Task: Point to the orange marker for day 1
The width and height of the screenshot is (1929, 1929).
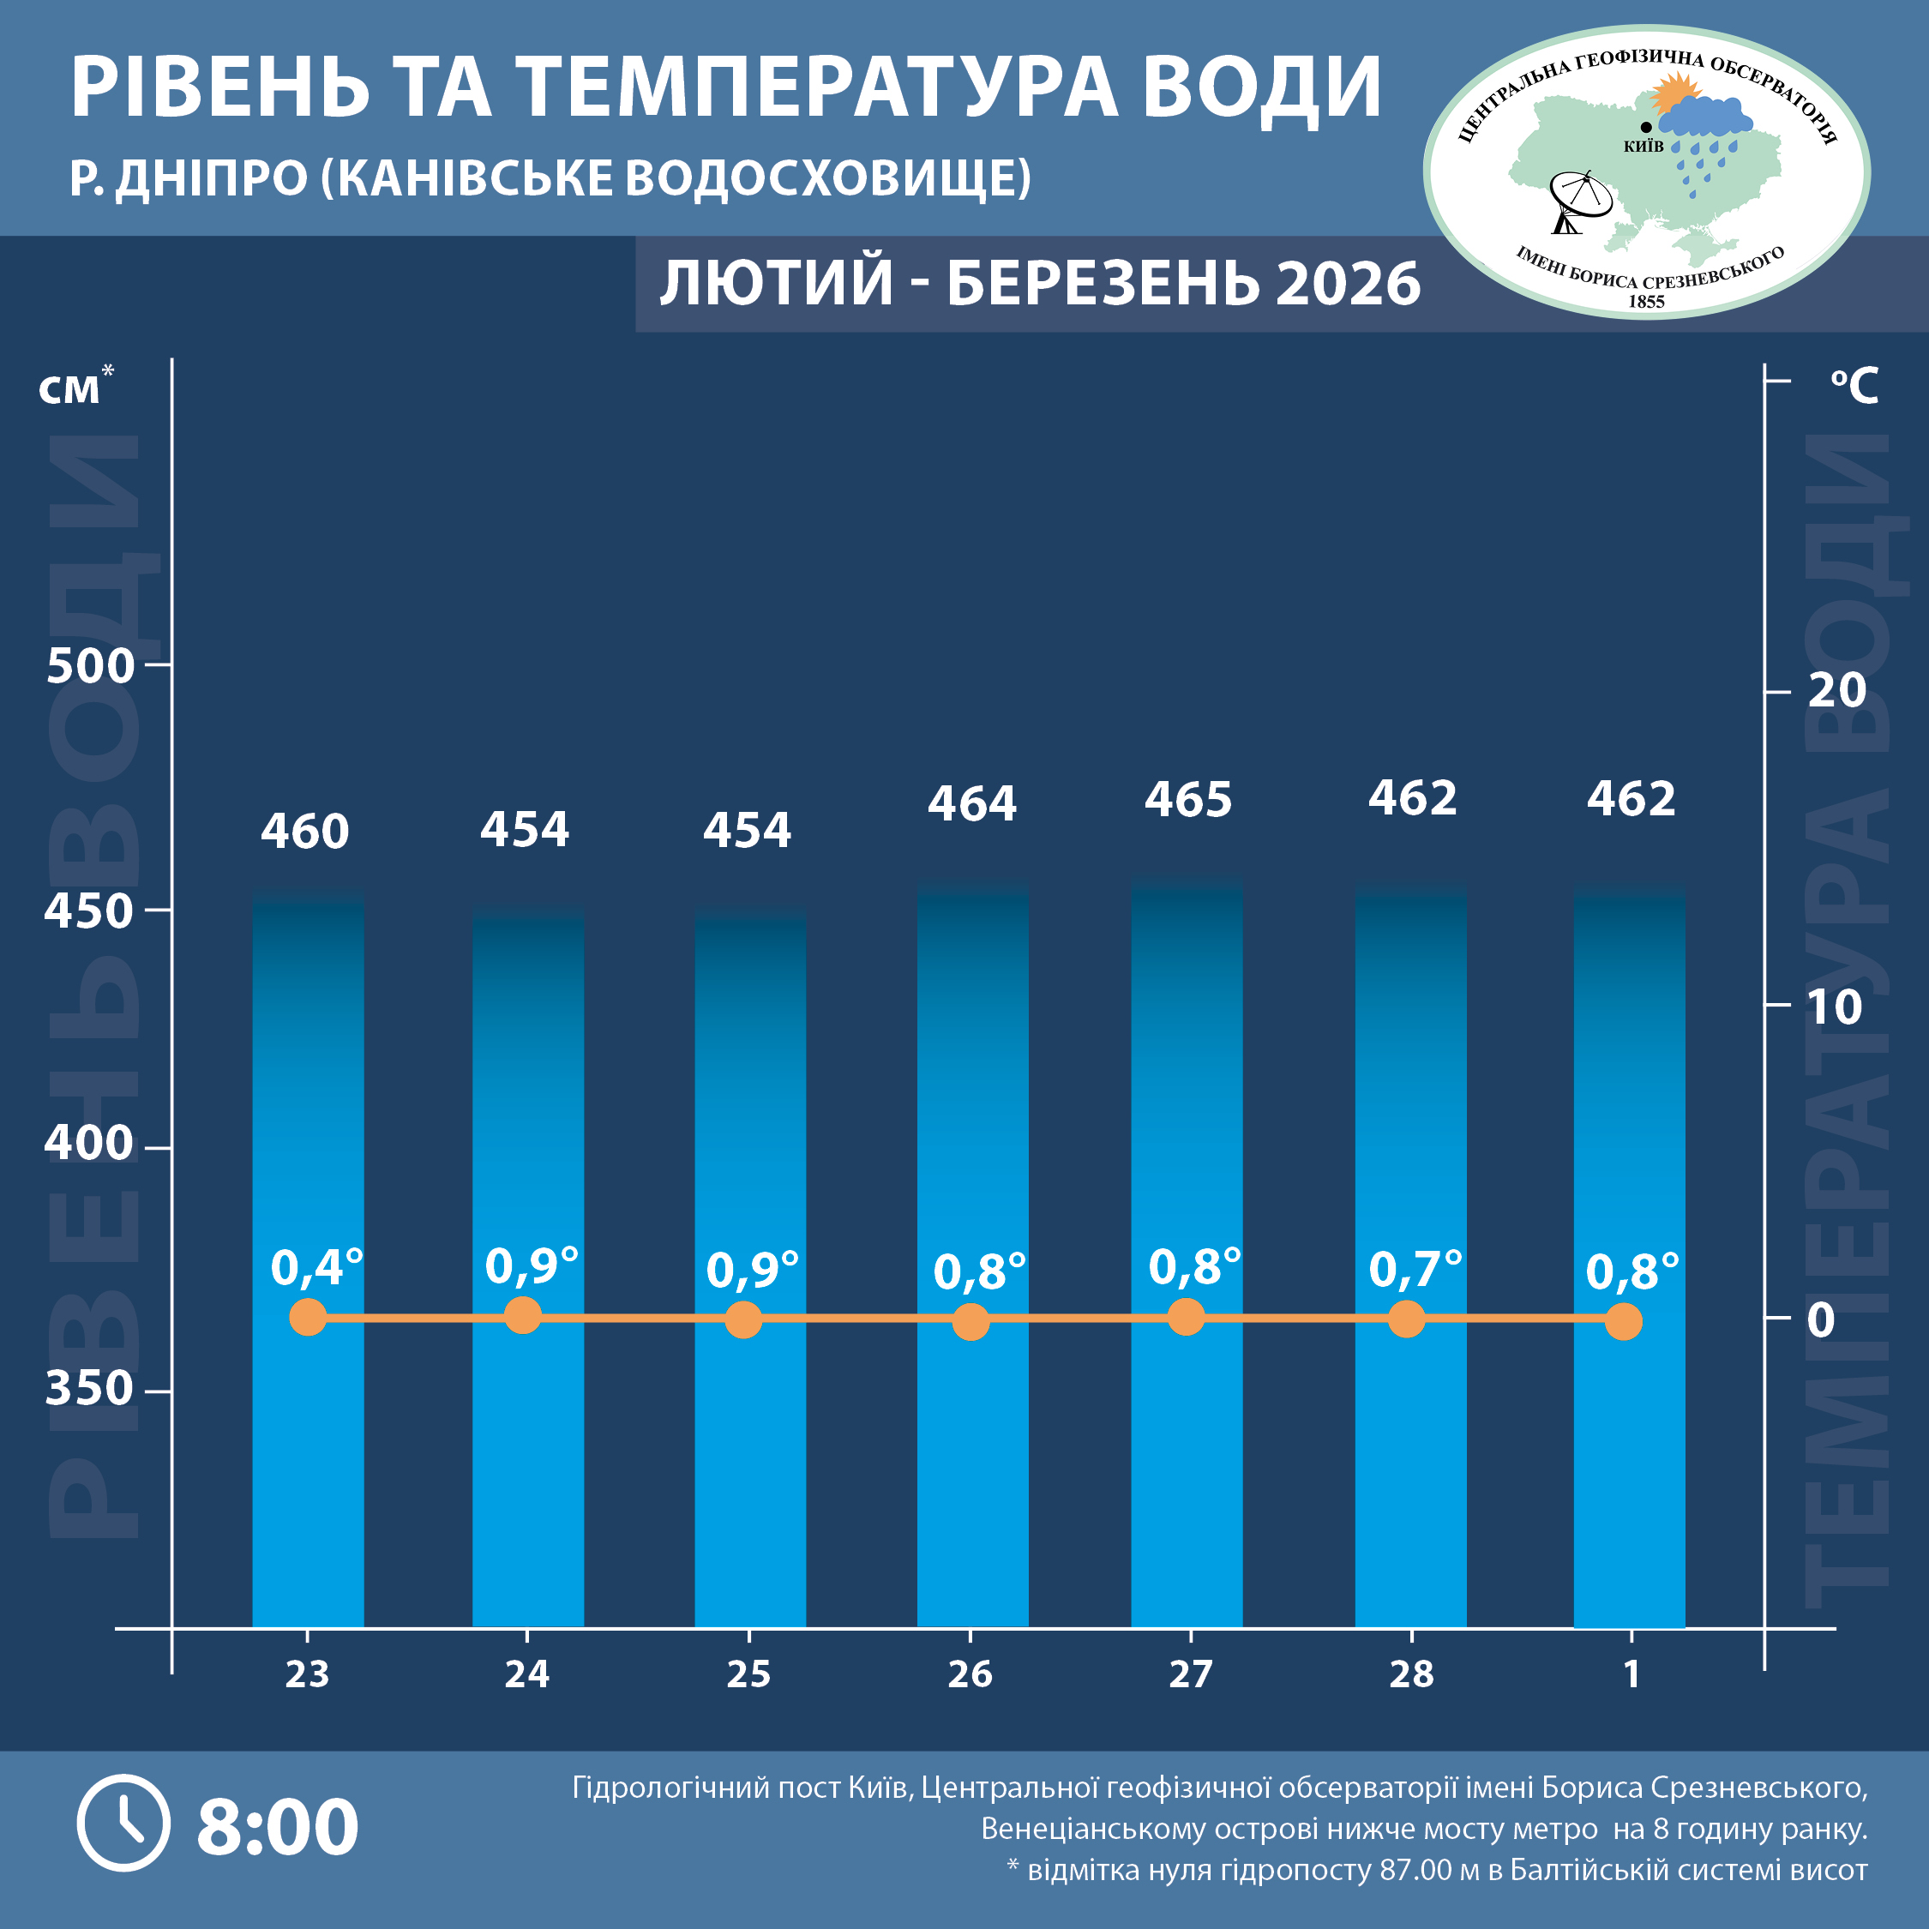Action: coord(1624,1322)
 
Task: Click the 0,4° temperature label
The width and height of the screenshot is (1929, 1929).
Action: coord(316,1268)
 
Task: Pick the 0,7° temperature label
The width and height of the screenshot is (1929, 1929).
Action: coord(1415,1270)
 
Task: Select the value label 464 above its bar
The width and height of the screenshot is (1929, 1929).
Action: coord(971,804)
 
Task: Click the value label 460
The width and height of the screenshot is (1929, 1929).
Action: coord(304,832)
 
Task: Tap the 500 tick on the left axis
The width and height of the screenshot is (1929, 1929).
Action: coord(90,666)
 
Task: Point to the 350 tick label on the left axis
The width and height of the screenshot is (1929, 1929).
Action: coord(89,1389)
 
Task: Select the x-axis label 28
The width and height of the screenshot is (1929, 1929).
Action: coord(1411,1674)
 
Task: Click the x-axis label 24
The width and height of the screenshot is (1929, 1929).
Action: coord(526,1674)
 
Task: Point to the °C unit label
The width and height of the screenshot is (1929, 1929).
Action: coord(1854,387)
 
